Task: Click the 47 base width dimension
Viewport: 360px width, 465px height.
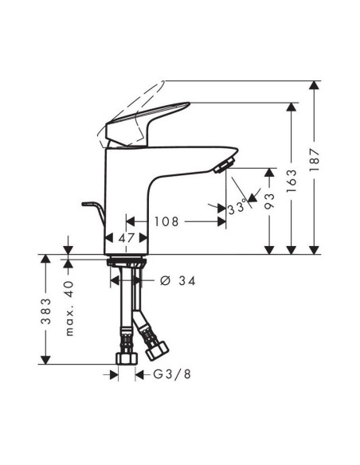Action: click(x=126, y=237)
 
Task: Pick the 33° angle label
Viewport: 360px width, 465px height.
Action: click(x=237, y=209)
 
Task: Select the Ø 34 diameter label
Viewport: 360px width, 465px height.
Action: click(x=178, y=282)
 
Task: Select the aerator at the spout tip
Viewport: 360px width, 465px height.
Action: click(x=223, y=165)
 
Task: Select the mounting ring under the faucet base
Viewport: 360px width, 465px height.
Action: click(x=126, y=260)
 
